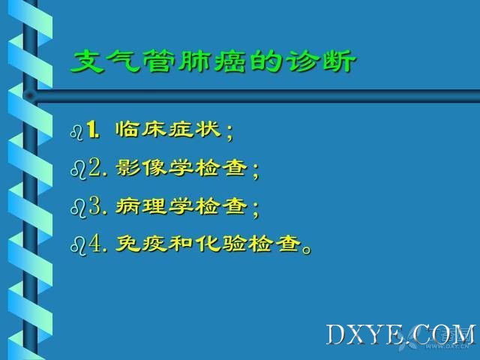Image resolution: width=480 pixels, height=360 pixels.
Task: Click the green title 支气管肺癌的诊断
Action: click(x=213, y=62)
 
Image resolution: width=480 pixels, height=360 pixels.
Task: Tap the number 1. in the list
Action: click(x=93, y=130)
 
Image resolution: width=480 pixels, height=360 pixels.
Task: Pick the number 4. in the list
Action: click(x=98, y=244)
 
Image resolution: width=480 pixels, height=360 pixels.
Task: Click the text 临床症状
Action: click(x=168, y=129)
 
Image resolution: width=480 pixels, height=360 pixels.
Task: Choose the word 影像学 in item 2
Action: click(x=154, y=167)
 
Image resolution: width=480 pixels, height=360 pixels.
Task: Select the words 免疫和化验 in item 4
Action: click(x=181, y=244)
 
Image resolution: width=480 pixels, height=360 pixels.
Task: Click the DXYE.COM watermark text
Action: click(x=400, y=335)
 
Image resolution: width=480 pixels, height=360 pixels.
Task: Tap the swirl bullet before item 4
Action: click(x=78, y=247)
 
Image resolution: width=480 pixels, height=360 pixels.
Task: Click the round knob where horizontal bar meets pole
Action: click(x=30, y=96)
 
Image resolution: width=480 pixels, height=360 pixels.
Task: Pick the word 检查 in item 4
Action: click(x=274, y=244)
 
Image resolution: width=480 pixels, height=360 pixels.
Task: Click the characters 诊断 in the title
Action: click(x=321, y=62)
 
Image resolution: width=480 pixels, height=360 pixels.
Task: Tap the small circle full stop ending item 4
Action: click(x=307, y=250)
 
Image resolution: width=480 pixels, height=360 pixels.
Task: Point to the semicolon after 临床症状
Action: click(x=229, y=133)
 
